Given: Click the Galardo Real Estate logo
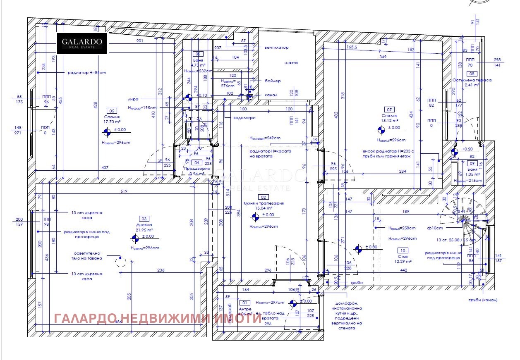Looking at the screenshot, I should tap(82, 43).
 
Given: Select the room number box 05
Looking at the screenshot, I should tap(111, 111).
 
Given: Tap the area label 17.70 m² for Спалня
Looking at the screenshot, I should tap(112, 122).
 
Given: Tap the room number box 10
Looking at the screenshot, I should tap(402, 250).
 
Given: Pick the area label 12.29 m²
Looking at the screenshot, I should tap(402, 261).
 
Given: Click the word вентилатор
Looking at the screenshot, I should tap(276, 48).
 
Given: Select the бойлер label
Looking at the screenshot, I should tap(273, 81).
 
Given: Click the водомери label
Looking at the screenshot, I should tap(244, 118).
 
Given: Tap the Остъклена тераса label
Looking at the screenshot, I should tap(472, 80).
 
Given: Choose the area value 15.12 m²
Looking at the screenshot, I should tap(389, 121).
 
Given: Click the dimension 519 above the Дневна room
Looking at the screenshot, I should tap(124, 191).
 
